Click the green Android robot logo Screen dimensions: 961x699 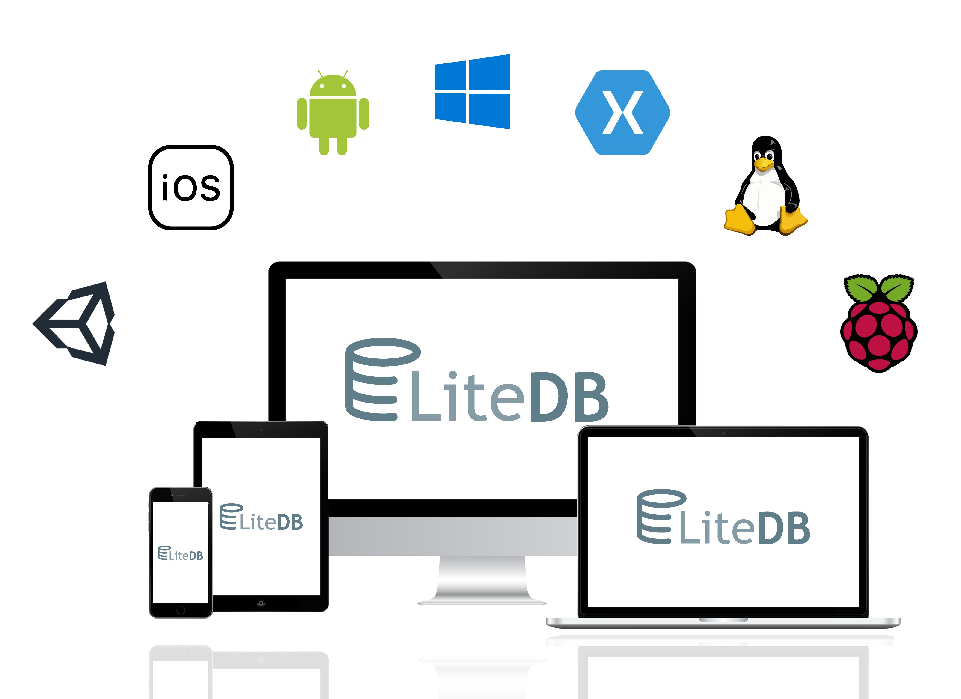(333, 112)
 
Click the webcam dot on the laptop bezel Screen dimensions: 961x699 (723, 433)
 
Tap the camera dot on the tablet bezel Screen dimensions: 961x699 (261, 430)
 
